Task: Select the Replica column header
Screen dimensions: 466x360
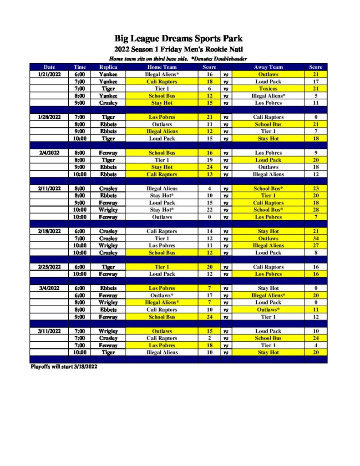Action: click(108, 67)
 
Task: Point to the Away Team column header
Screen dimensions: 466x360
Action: click(268, 67)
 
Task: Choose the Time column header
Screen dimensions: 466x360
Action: click(80, 67)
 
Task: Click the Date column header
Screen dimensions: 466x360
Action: click(49, 67)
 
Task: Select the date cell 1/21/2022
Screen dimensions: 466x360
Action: click(49, 74)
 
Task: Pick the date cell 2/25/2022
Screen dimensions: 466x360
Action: click(49, 267)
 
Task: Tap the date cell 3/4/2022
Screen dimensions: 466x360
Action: click(49, 289)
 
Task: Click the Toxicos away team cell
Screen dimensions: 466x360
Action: click(268, 89)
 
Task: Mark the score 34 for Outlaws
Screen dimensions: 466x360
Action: click(315, 238)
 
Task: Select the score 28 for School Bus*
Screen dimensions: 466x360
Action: click(315, 210)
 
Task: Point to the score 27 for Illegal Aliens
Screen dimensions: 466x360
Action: click(315, 246)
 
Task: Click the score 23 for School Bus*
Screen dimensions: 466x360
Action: click(315, 188)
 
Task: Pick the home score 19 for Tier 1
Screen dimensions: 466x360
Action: click(209, 160)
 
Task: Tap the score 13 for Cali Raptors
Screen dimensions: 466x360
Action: click(209, 174)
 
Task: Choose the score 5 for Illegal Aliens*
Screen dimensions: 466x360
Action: click(315, 96)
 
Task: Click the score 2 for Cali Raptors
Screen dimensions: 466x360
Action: click(209, 339)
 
